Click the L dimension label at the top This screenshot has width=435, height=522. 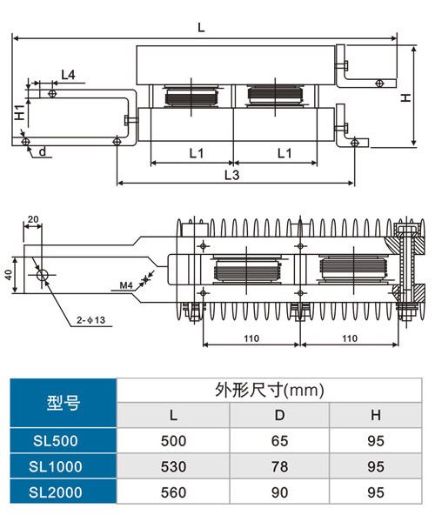pos(201,27)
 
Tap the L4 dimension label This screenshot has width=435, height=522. pos(68,75)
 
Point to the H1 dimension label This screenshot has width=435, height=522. pos(20,112)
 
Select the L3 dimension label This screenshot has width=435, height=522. pos(231,175)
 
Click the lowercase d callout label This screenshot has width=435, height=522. pos(43,151)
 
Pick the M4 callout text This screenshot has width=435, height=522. pos(126,285)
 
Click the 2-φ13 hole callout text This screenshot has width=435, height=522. pos(90,320)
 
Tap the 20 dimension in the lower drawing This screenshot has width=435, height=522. pos(33,219)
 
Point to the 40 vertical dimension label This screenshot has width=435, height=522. pos(9,275)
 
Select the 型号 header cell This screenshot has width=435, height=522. pos(64,403)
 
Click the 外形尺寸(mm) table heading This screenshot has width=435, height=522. pos(269,390)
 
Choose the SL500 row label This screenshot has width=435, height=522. pos(56,441)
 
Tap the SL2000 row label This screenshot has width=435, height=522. pos(56,492)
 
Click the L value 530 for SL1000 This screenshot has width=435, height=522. pos(173,466)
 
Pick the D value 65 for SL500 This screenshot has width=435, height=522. pos(279,441)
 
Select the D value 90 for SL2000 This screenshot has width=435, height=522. pos(279,492)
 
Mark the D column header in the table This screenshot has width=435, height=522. pos(279,415)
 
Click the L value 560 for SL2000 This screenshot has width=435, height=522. pos(173,492)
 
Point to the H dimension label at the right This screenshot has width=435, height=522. pos(405,97)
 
